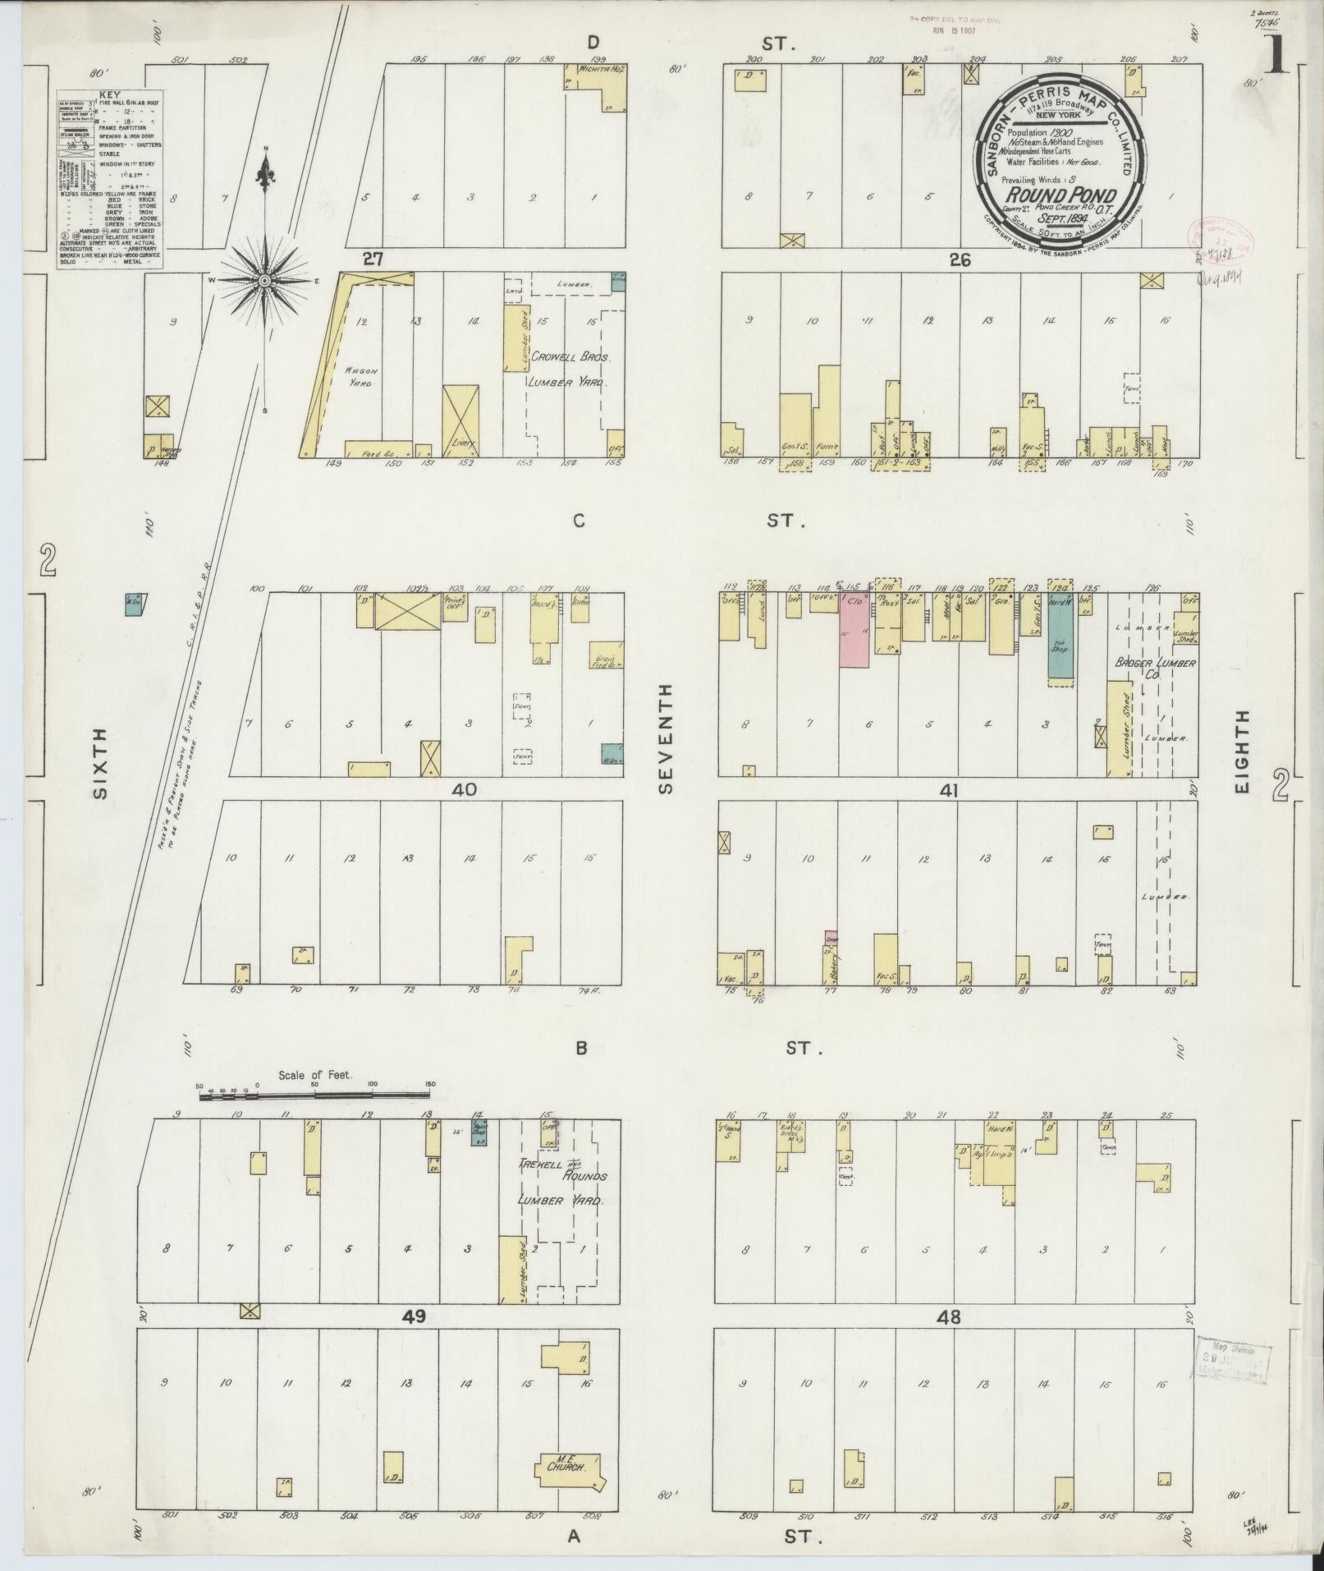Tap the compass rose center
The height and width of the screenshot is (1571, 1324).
(264, 281)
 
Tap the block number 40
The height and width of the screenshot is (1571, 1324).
(463, 790)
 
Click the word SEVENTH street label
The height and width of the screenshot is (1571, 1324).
(665, 739)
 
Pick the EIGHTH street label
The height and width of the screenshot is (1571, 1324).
(1240, 751)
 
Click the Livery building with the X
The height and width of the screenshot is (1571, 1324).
(460, 420)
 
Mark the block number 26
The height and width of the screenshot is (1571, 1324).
(960, 260)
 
